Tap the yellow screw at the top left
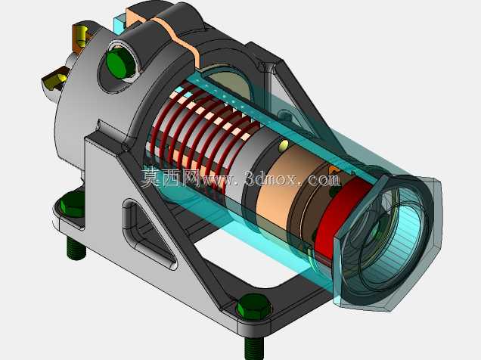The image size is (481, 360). (x=82, y=34)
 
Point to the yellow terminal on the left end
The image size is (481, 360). (x=56, y=81)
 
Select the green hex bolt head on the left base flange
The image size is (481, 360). (x=73, y=204)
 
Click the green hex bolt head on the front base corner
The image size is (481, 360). (x=254, y=306)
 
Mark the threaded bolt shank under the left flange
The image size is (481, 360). (x=76, y=248)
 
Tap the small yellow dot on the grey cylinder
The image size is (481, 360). (x=284, y=145)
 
